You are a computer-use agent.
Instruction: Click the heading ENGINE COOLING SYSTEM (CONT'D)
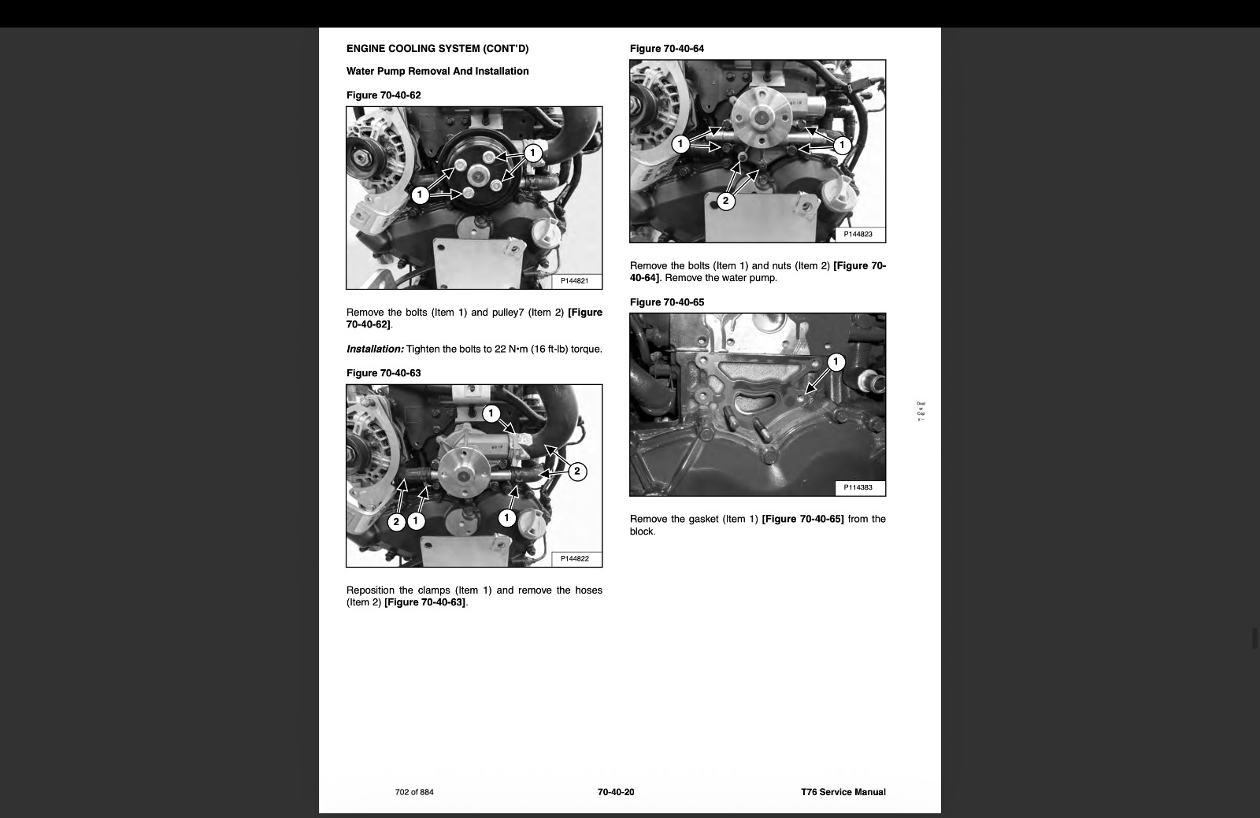tap(438, 48)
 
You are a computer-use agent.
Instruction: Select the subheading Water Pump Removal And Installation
tap(438, 71)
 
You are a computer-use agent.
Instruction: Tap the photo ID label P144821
tap(574, 280)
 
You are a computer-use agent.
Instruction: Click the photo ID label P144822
tap(574, 558)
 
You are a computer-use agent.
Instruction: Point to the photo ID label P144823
tap(858, 234)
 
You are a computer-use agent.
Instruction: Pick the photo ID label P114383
tap(858, 487)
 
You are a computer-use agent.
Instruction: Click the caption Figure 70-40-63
tap(384, 372)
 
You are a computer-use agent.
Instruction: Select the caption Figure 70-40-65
tap(667, 302)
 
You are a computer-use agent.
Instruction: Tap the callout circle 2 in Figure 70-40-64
tap(725, 201)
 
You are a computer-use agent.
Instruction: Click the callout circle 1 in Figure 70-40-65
tap(836, 361)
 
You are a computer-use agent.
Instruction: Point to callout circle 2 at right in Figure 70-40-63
tap(577, 471)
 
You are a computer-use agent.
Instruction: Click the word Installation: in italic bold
tap(375, 349)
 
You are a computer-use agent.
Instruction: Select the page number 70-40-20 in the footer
tap(616, 792)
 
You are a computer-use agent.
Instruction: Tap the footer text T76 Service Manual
tap(843, 792)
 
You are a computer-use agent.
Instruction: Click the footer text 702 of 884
tap(414, 792)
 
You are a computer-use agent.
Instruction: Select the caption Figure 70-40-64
tap(667, 48)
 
